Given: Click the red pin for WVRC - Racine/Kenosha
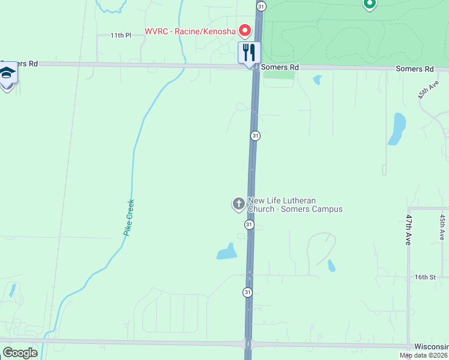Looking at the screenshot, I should (x=244, y=29).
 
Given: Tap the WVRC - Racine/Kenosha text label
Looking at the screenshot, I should (x=190, y=31).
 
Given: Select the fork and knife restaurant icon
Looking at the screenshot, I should (x=249, y=52).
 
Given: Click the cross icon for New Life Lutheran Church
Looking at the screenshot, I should (x=238, y=204).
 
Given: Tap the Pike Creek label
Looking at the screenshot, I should (x=128, y=217).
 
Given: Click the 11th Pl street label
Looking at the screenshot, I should (x=120, y=36).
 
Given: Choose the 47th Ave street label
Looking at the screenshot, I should (x=408, y=229).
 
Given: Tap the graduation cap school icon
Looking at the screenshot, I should (x=7, y=74).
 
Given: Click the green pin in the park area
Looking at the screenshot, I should (x=369, y=4).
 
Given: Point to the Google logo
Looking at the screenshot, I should (x=20, y=353).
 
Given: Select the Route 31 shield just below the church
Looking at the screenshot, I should (x=249, y=224).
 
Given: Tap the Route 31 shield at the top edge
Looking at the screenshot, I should (x=261, y=5).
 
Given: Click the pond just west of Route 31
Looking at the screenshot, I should (x=227, y=252).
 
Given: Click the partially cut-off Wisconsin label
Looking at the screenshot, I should (x=431, y=347).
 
